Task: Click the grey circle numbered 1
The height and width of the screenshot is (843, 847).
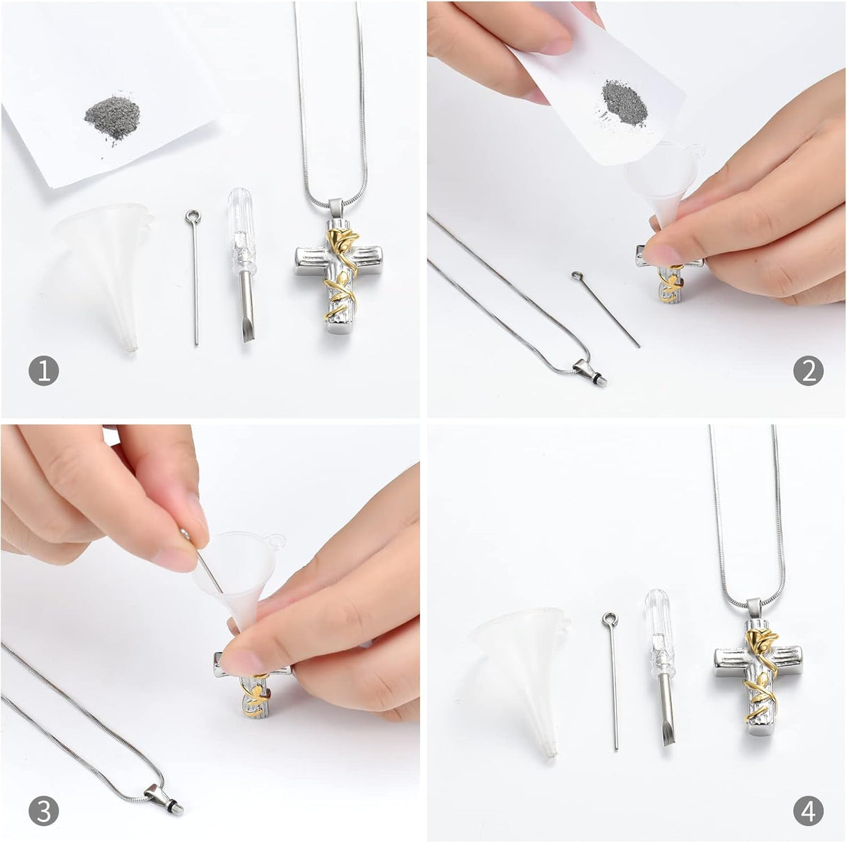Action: point(43,371)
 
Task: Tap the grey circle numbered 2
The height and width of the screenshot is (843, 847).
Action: point(808,371)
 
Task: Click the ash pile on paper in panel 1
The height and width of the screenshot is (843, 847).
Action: point(112,118)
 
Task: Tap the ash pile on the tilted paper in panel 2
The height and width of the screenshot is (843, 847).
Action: point(624,104)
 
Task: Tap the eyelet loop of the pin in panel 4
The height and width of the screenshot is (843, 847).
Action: point(610,618)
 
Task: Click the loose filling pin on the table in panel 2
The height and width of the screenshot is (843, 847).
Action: point(606,310)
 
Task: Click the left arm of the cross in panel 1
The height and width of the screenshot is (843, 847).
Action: point(310,261)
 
